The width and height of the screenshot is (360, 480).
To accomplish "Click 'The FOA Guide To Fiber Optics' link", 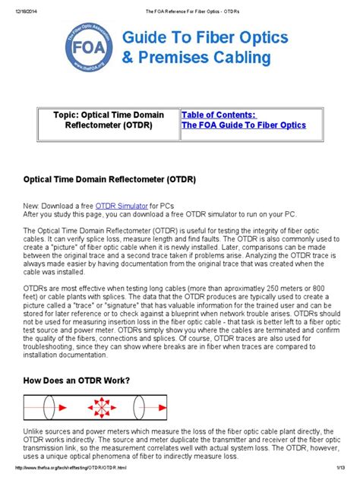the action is [243, 125].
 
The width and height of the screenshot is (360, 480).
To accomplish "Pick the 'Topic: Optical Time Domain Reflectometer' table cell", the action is [108, 120].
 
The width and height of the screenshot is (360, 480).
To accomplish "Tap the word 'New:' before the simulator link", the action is [33, 206].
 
